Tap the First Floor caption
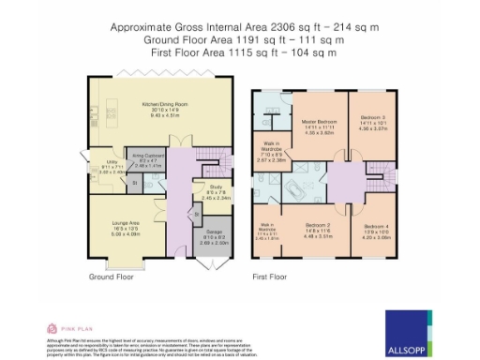(x=270, y=277)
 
